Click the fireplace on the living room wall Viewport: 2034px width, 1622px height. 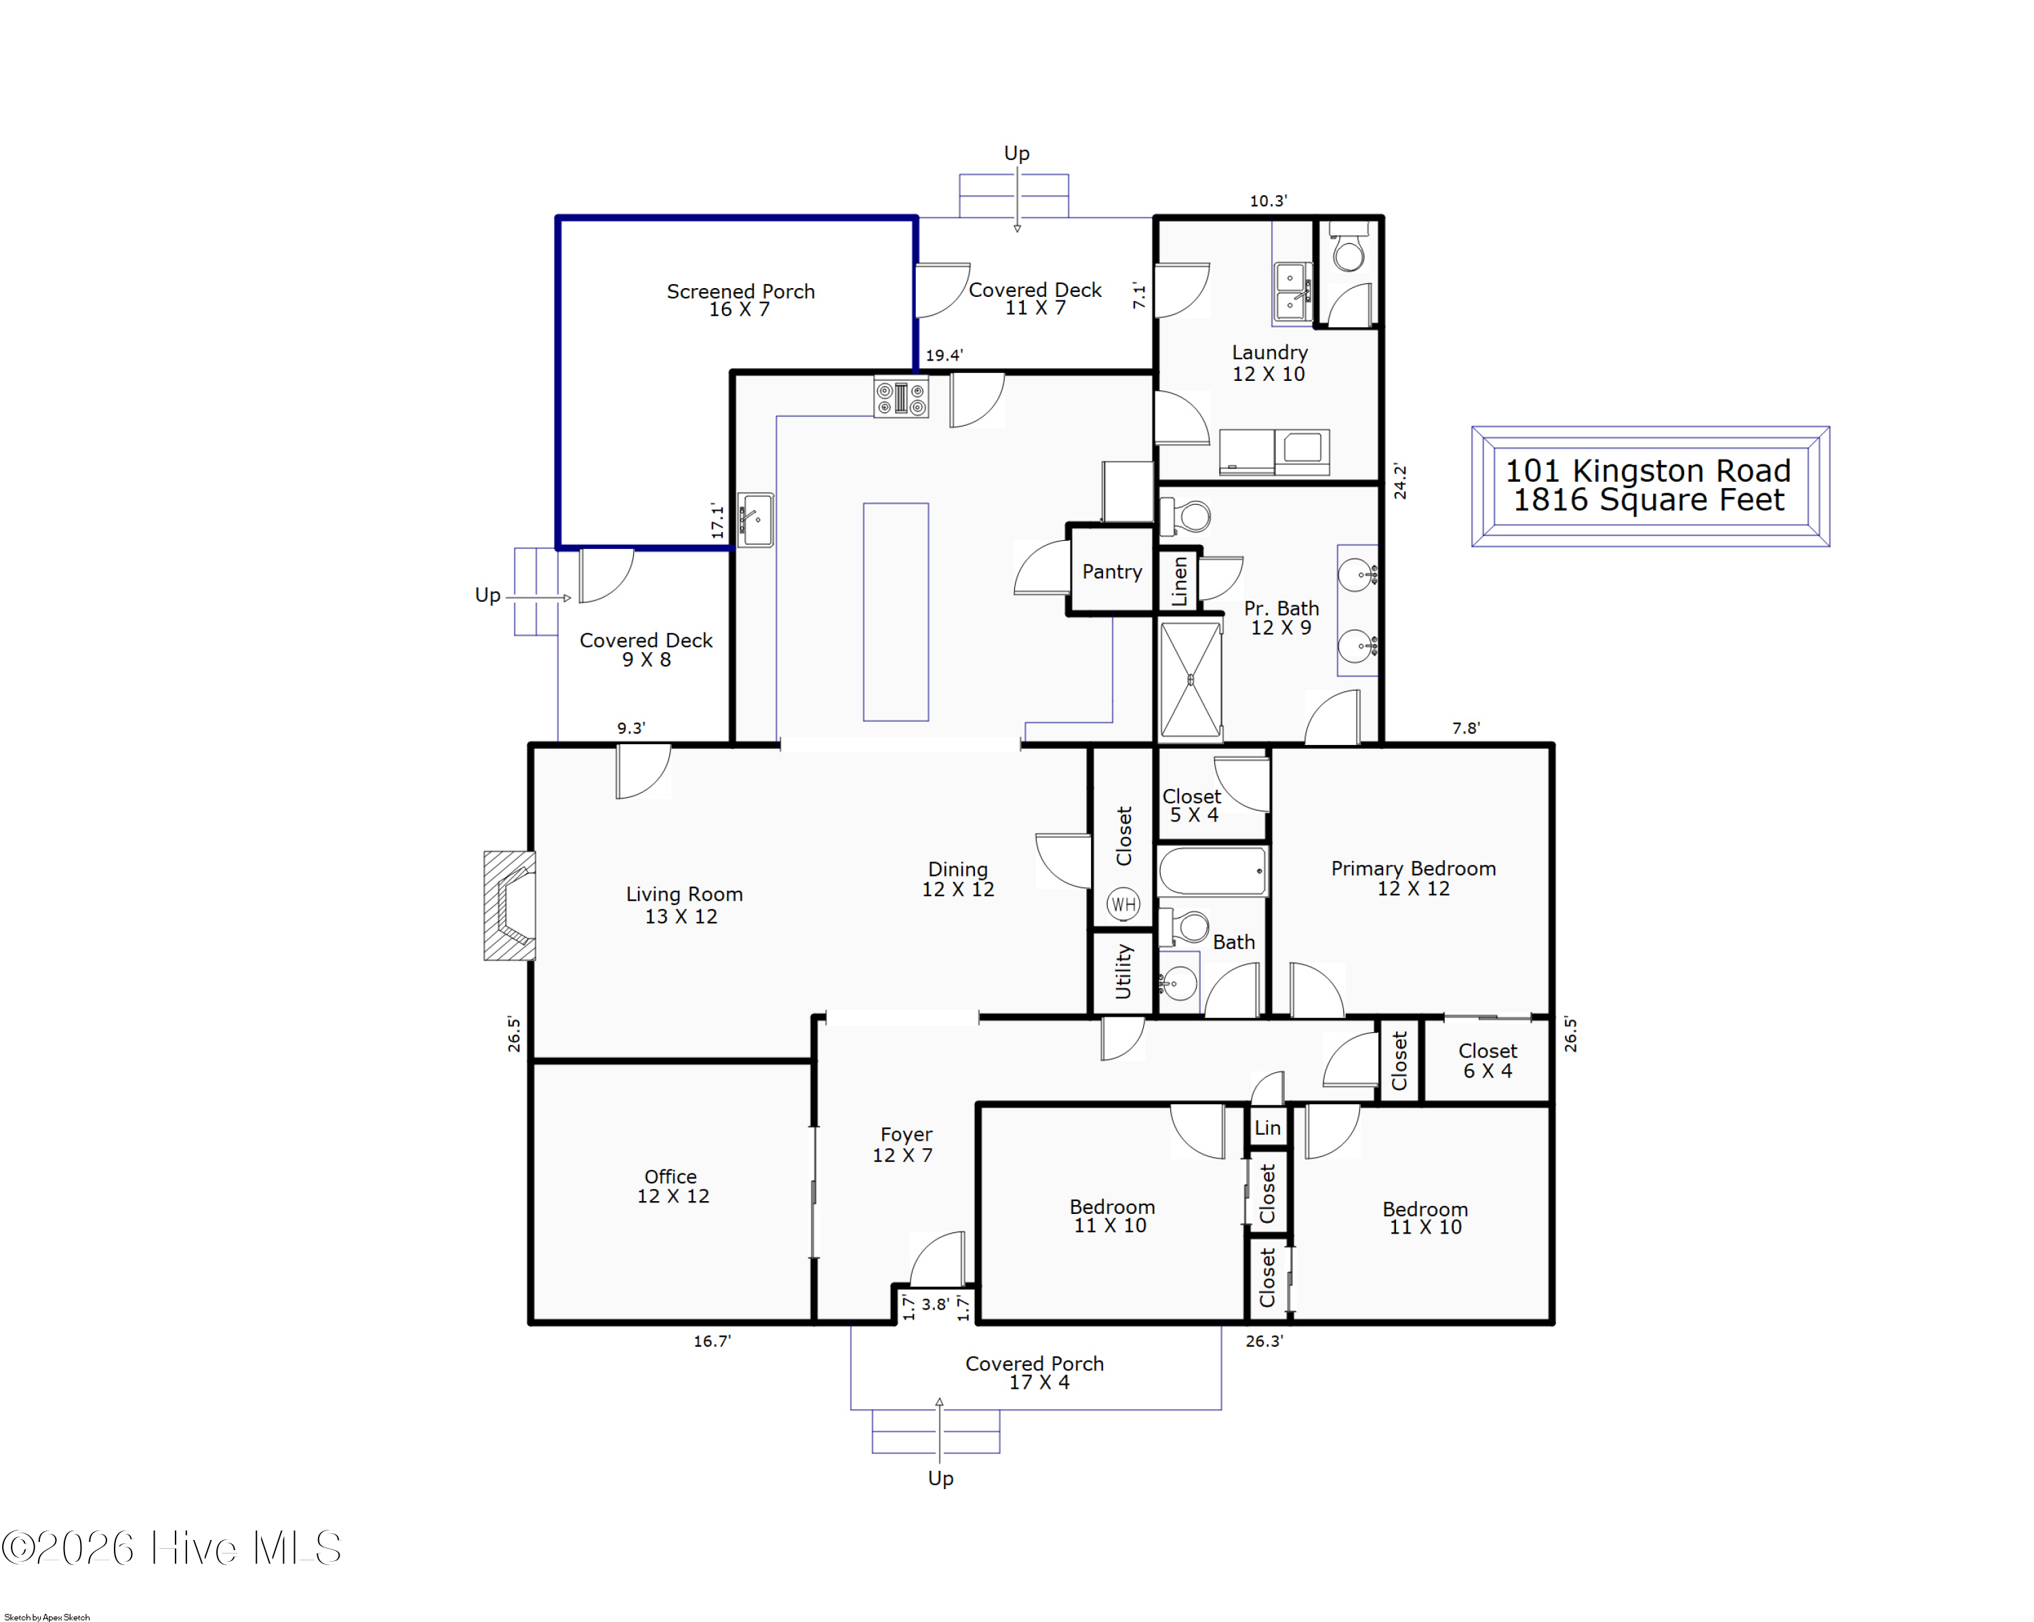(509, 906)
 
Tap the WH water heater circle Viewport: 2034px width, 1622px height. (1123, 904)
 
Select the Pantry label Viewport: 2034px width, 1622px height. (1111, 571)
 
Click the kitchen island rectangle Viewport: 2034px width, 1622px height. (896, 612)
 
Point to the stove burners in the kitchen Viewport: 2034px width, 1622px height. (901, 397)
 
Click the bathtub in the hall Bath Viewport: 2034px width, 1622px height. (1212, 870)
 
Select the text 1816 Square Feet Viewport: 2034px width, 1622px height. (1649, 500)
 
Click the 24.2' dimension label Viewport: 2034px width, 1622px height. (1400, 481)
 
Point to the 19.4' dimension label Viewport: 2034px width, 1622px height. (943, 356)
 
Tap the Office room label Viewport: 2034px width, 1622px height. (671, 1176)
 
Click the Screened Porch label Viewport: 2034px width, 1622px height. (740, 291)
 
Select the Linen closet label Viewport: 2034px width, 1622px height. (1179, 580)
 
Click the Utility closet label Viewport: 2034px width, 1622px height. (1123, 971)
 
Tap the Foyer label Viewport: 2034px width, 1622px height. (906, 1135)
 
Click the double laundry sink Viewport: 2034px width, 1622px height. (1292, 291)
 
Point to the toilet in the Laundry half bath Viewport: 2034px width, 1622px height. (1348, 247)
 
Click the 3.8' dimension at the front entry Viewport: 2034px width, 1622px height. (935, 1304)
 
